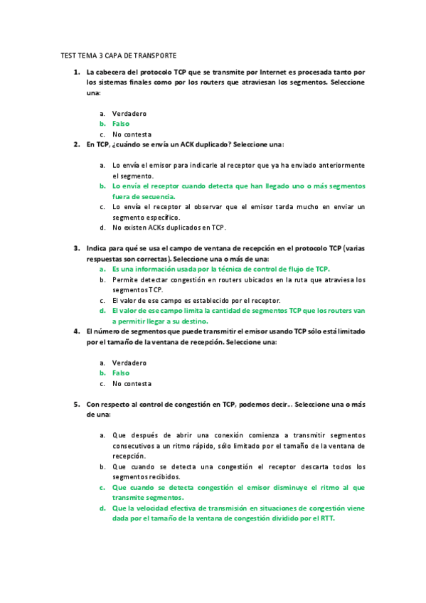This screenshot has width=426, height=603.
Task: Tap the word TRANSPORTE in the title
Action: (154, 55)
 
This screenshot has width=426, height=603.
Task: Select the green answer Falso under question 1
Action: (121, 124)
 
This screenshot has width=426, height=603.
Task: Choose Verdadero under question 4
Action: (129, 363)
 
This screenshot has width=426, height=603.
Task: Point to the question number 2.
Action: (76, 144)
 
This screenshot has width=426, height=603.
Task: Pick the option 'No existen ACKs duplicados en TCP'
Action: (169, 228)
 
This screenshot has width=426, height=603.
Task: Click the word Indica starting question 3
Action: (97, 249)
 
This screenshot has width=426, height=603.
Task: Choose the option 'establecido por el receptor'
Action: (196, 300)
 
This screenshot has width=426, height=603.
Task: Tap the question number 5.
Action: (76, 404)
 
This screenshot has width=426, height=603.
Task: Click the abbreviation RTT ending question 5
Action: (326, 518)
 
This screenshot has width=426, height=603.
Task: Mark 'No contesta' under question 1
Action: (132, 134)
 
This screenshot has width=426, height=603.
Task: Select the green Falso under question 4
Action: (121, 373)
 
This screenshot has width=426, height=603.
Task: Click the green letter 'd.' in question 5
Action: (102, 508)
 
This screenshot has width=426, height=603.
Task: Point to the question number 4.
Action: (76, 331)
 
